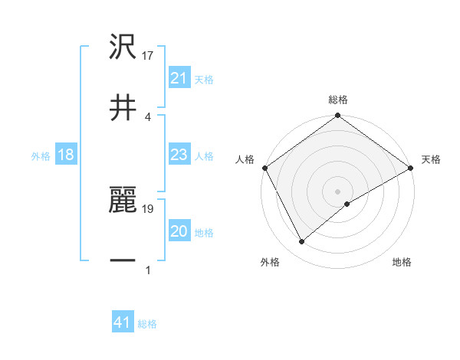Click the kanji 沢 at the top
point(123,47)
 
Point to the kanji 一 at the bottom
point(123,260)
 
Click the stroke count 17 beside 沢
point(149,56)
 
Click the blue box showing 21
point(179,78)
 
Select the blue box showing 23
point(179,155)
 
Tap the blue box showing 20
point(179,231)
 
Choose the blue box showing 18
point(66,155)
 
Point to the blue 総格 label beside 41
point(147,324)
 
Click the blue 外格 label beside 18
point(41,155)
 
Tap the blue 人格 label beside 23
point(204,155)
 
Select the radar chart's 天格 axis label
point(432,159)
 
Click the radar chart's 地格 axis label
point(402,262)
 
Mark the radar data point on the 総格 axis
point(337,116)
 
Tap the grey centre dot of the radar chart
point(337,191)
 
